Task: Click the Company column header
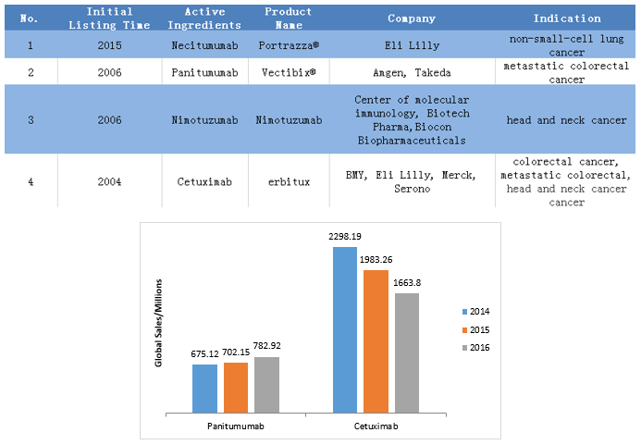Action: coord(412,19)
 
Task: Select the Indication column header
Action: coord(566,19)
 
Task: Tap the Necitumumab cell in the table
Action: coord(205,44)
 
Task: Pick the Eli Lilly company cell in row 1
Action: coord(412,44)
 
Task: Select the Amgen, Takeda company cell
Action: coord(412,72)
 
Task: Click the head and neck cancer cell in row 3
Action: coord(566,120)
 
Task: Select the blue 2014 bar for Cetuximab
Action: coord(345,329)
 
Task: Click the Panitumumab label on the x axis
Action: coord(237,427)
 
